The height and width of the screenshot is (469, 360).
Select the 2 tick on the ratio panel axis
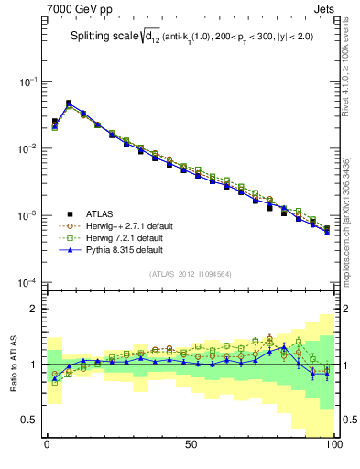point(35,309)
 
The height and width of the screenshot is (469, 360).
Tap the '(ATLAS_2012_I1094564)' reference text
point(190,273)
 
